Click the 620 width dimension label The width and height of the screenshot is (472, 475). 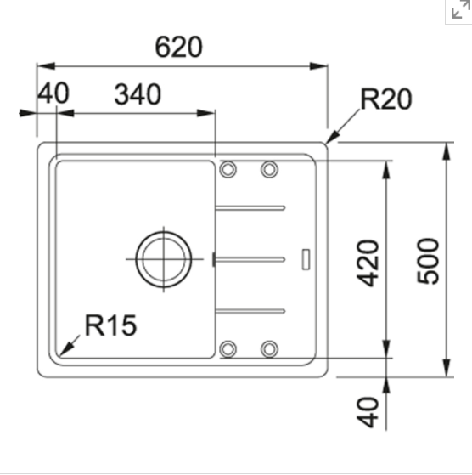coord(178,47)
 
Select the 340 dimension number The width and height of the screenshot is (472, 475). coord(138,94)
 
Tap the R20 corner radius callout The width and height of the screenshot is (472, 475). coord(386,99)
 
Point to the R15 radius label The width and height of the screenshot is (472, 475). coord(110,325)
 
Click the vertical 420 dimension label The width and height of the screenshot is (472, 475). coord(368,263)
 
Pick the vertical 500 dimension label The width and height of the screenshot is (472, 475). coord(428,261)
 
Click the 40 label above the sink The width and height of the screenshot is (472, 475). coord(53,93)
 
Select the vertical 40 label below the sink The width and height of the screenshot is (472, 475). coord(368,412)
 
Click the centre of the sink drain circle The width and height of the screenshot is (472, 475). coord(164,259)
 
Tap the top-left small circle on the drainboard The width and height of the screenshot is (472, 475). coord(228,169)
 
